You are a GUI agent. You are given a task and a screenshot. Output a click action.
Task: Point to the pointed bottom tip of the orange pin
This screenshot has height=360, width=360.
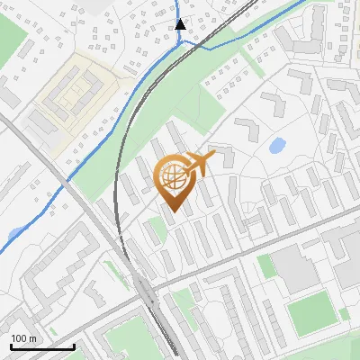pyautogui.click(x=174, y=211)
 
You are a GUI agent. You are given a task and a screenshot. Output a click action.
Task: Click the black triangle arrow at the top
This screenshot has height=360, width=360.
pyautogui.click(x=180, y=24)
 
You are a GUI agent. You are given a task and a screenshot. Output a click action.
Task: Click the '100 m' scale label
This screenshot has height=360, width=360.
pyautogui.click(x=24, y=338)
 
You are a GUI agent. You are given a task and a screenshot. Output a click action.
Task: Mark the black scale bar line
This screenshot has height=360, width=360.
pyautogui.click(x=41, y=346)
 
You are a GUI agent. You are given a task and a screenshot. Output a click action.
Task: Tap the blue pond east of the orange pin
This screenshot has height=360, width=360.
pyautogui.click(x=277, y=144)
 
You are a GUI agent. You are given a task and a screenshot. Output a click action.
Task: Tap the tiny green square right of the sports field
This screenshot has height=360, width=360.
pyautogui.click(x=344, y=313)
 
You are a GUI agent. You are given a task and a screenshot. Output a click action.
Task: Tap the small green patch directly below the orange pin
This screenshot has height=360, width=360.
pyautogui.click(x=157, y=229)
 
